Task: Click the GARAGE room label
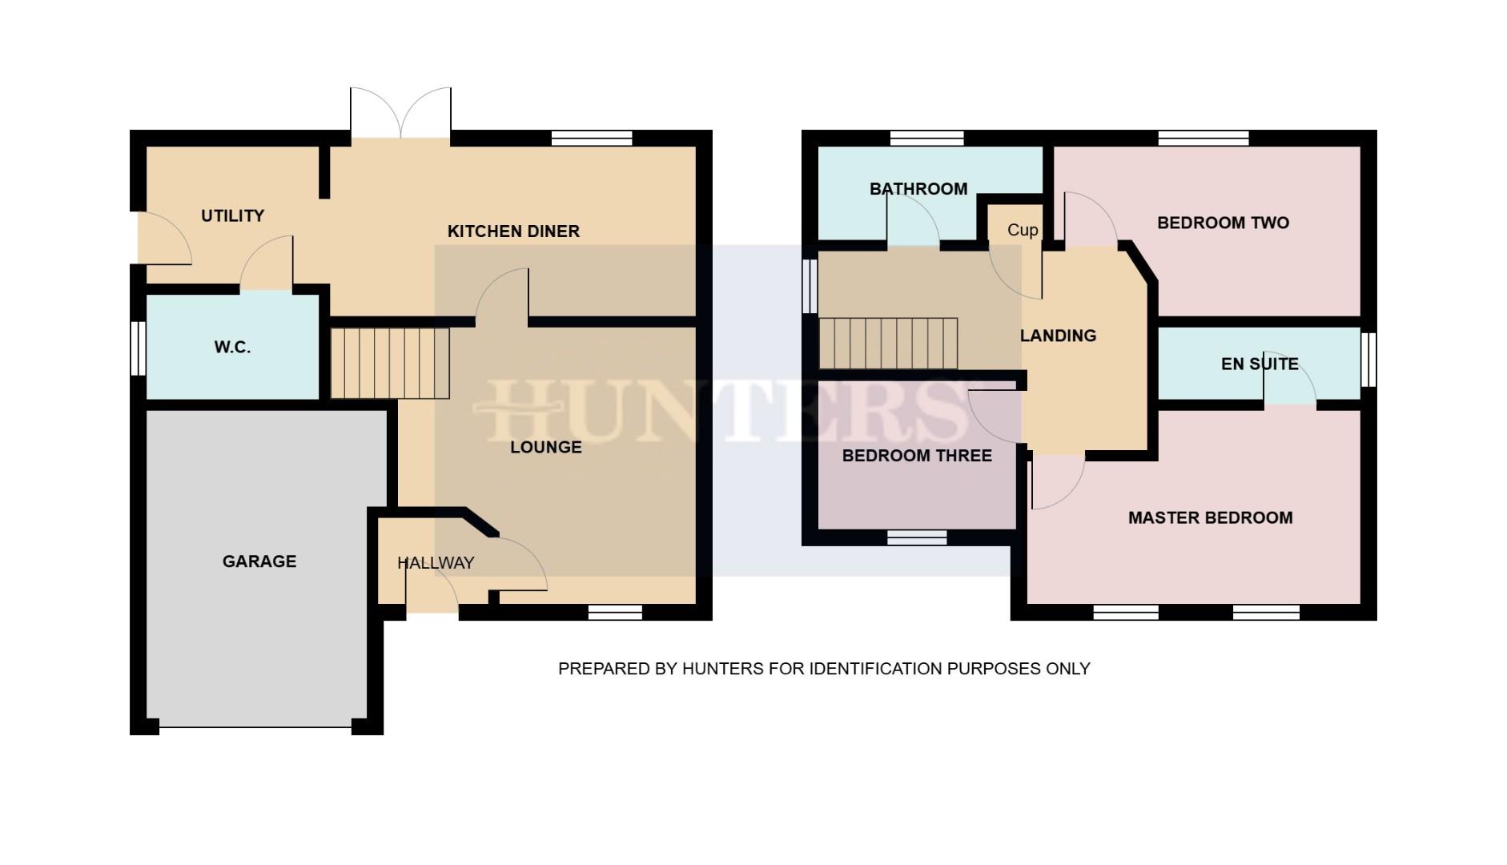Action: pyautogui.click(x=259, y=561)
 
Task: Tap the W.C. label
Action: pyautogui.click(x=232, y=348)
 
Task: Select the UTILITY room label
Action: pyautogui.click(x=232, y=215)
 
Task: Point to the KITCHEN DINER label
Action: pyautogui.click(x=513, y=231)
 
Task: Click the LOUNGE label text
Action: pyautogui.click(x=546, y=447)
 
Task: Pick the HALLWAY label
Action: pyautogui.click(x=436, y=563)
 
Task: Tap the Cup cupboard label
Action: pyautogui.click(x=1023, y=230)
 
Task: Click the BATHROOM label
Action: pyautogui.click(x=918, y=189)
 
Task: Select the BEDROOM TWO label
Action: pyautogui.click(x=1223, y=223)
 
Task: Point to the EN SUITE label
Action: pyautogui.click(x=1260, y=364)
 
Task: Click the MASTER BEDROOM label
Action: pyautogui.click(x=1210, y=518)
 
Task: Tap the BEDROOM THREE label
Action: pyautogui.click(x=917, y=456)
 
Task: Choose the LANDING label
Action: pyautogui.click(x=1058, y=336)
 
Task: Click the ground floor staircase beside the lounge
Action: pyautogui.click(x=390, y=363)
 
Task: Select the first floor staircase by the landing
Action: pyautogui.click(x=888, y=344)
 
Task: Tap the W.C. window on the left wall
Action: pyautogui.click(x=139, y=348)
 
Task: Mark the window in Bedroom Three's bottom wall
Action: pyautogui.click(x=917, y=537)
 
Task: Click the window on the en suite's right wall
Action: pyautogui.click(x=1368, y=360)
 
